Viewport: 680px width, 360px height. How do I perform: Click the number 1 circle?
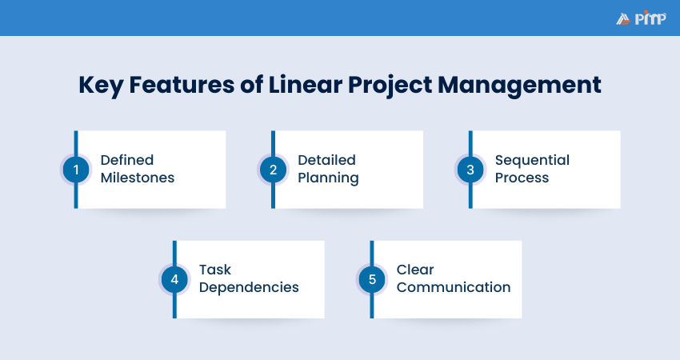pos(76,170)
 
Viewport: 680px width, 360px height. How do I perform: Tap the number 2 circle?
pos(273,170)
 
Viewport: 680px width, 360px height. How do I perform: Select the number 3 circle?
pos(470,170)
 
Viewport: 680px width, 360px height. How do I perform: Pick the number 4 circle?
pos(174,279)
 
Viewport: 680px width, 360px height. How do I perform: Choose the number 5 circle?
pos(372,279)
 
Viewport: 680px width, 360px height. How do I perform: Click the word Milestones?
pos(137,178)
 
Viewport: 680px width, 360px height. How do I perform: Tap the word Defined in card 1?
pos(126,160)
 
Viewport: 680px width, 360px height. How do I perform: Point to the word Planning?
pos(328,178)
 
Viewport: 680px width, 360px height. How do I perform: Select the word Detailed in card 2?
pos(326,160)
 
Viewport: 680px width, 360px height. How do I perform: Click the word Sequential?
pos(532,160)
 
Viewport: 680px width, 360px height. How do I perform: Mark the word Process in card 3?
pos(522,178)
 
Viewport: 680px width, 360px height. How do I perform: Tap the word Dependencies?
pos(249,287)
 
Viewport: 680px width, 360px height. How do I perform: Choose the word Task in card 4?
pos(215,270)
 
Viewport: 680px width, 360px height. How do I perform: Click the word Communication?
pos(453,287)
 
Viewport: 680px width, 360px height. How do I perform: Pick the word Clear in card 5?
pos(415,270)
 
